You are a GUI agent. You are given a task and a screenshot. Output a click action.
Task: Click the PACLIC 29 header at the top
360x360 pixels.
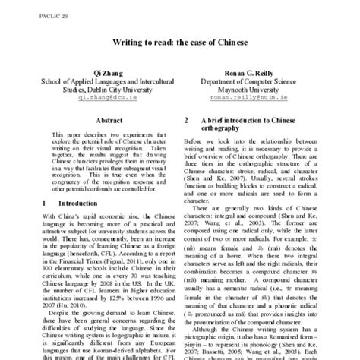[22, 7]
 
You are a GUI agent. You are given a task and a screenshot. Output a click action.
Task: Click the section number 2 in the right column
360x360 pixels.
[187, 121]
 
